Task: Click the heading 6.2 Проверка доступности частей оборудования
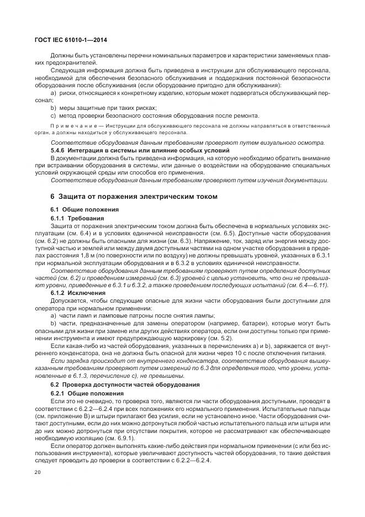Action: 120,384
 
